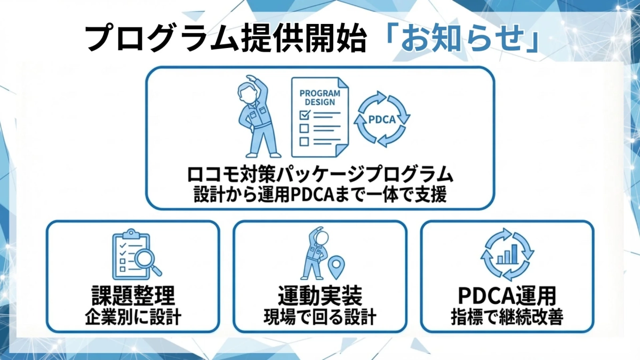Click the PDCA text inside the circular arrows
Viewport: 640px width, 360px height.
(382, 119)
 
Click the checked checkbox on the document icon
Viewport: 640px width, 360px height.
(305, 114)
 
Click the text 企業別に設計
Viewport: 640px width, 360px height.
(133, 317)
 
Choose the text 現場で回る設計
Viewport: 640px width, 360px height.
(320, 317)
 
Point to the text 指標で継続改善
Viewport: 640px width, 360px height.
(507, 317)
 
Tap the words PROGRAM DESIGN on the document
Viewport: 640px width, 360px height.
(320, 98)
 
